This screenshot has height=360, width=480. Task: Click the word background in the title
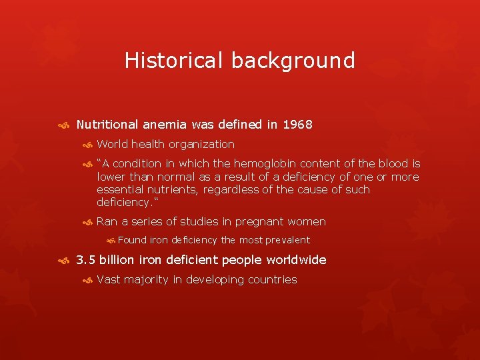click(293, 61)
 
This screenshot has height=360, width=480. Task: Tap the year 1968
click(298, 125)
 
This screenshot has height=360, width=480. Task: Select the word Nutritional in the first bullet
click(107, 125)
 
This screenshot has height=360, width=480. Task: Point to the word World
click(113, 144)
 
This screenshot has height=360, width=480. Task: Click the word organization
click(201, 144)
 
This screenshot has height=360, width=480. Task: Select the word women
click(308, 221)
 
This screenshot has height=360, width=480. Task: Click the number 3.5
click(86, 260)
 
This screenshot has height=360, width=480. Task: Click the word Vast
click(109, 279)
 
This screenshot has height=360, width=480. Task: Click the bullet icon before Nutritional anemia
click(63, 125)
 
